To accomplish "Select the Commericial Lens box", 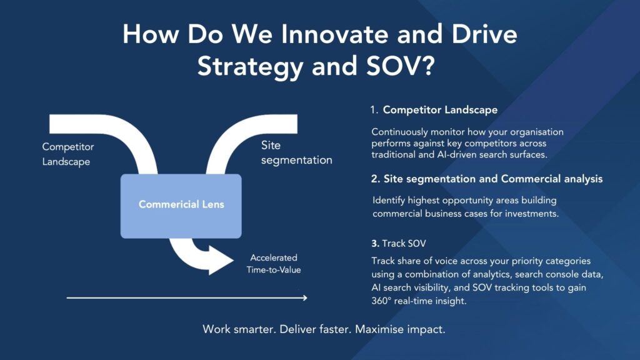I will (181, 204).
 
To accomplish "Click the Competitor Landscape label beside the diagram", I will (67, 154).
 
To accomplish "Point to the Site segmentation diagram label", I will (296, 153).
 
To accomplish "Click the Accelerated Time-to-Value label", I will (274, 264).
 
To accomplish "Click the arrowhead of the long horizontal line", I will (304, 298).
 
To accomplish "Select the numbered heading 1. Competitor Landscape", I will (434, 110).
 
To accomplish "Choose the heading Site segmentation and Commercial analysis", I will (487, 179).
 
